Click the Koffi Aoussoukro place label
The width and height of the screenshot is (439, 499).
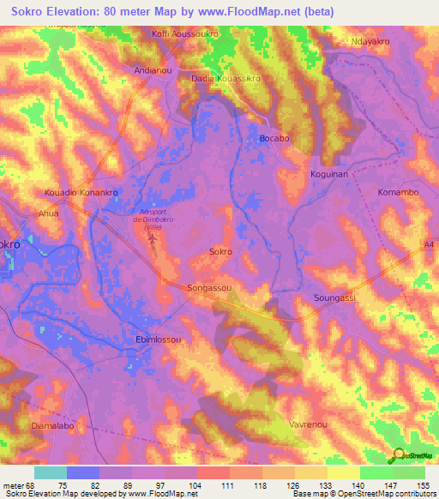pyautogui.click(x=186, y=33)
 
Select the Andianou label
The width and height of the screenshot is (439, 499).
pyautogui.click(x=155, y=71)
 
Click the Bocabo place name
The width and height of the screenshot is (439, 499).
pyautogui.click(x=274, y=137)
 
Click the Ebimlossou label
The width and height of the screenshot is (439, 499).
pyautogui.click(x=159, y=340)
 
